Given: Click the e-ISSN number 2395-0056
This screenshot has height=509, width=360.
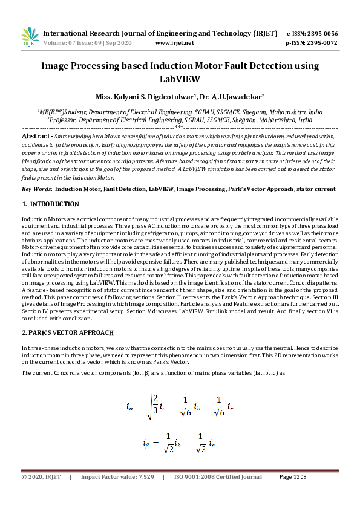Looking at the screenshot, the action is click(321, 33).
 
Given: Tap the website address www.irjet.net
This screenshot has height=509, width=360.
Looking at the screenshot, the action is click(175, 43).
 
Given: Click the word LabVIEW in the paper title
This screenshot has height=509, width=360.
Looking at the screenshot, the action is click(180, 79).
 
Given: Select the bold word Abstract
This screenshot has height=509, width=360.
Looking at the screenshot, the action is click(36, 137).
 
